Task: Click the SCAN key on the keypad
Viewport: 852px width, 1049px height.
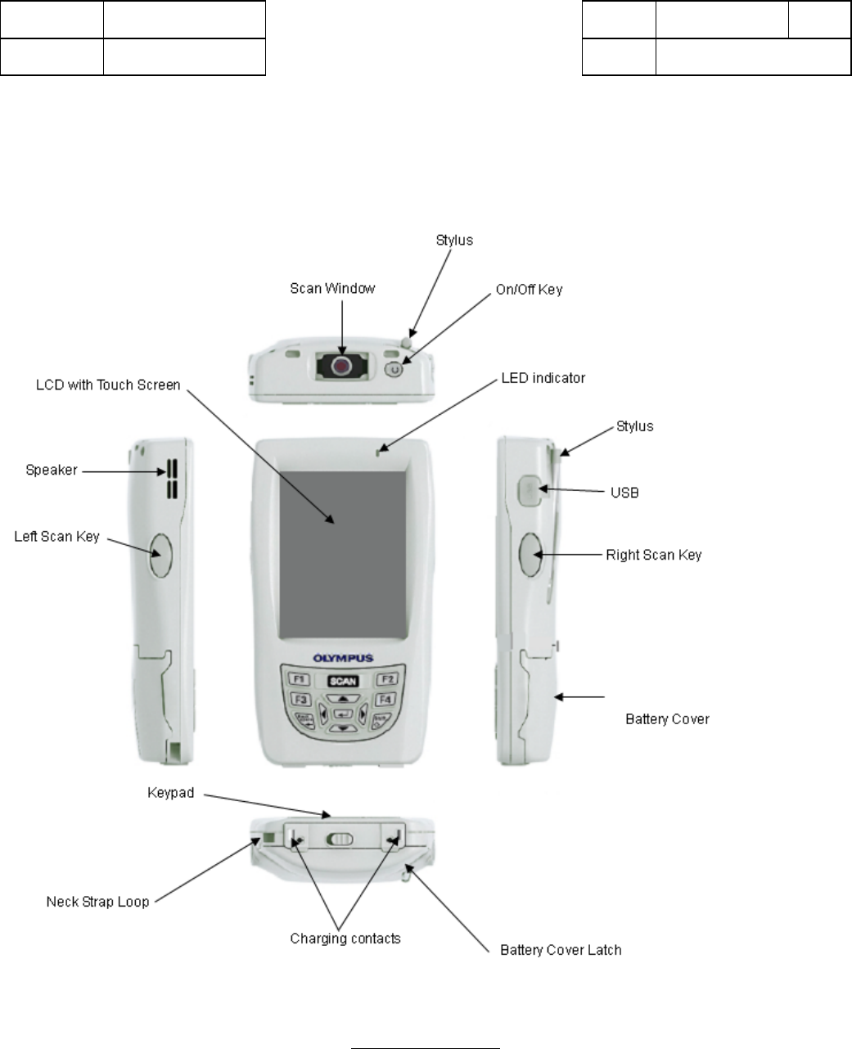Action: point(344,681)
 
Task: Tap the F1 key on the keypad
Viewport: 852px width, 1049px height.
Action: point(299,679)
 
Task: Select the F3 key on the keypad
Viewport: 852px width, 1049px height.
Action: point(300,700)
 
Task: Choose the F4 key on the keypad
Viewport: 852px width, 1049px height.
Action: point(385,700)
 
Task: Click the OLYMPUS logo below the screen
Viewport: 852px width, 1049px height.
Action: point(344,658)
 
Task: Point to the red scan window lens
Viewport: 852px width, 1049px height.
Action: point(341,367)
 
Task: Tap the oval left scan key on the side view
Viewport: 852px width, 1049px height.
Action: point(160,555)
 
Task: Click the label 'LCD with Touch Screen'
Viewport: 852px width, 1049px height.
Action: point(107,385)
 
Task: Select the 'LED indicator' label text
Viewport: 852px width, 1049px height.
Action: point(543,378)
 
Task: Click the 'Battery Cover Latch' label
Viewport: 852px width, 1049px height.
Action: point(561,950)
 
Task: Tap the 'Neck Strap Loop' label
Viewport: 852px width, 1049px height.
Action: point(97,902)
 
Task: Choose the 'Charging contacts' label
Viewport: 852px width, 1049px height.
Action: point(345,939)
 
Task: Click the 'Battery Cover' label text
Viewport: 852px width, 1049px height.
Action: point(667,719)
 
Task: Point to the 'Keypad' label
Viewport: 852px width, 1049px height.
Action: point(170,793)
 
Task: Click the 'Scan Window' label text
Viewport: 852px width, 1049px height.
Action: point(332,289)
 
